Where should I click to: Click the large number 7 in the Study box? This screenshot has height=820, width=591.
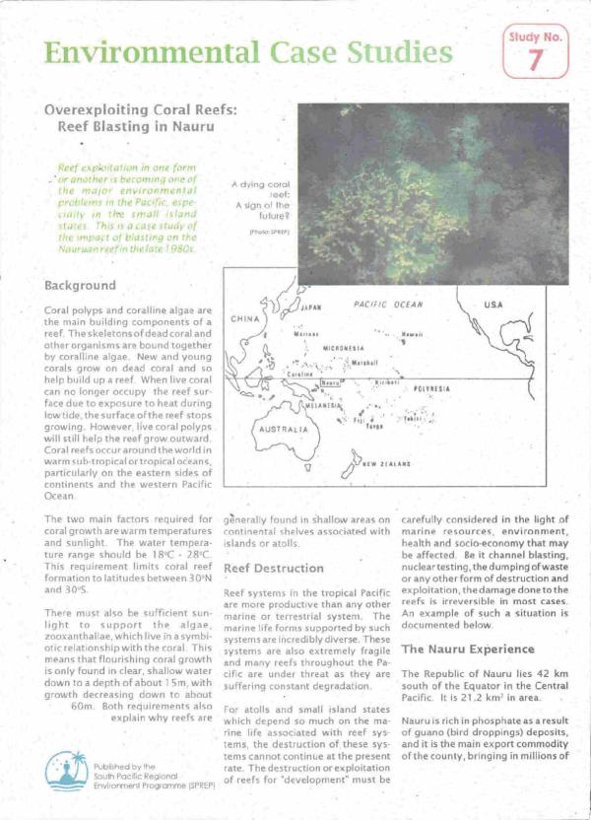click(x=535, y=59)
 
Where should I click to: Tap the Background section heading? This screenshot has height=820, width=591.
click(x=81, y=285)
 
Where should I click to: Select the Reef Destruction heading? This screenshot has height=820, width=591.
click(x=274, y=569)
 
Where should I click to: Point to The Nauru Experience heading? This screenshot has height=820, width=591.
click(x=468, y=649)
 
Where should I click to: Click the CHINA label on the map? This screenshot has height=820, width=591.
click(x=244, y=319)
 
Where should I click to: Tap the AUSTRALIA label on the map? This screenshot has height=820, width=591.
click(x=283, y=431)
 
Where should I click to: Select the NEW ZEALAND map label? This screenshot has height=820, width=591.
click(x=388, y=463)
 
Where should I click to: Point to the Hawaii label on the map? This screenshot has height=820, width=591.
click(x=412, y=335)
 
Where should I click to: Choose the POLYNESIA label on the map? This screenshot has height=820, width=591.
click(x=431, y=389)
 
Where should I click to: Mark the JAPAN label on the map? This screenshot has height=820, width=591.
click(x=310, y=307)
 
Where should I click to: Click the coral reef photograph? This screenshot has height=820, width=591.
click(x=432, y=178)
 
